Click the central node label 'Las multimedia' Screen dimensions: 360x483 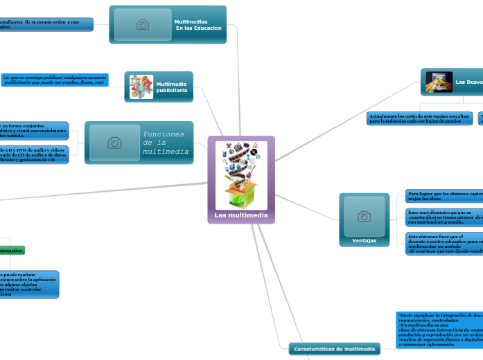coord(241,215)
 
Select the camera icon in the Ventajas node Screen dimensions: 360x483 coord(364,216)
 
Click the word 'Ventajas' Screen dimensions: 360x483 coord(365,240)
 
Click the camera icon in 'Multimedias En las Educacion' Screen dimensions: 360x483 coord(143,25)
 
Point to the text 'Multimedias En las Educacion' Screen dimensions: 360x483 coord(197,25)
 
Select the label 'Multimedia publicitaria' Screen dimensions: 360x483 coord(172,87)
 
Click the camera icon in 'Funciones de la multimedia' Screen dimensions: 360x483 coord(115,143)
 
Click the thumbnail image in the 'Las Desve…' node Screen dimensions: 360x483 coord(439,82)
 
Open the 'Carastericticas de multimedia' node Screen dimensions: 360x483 coord(334,349)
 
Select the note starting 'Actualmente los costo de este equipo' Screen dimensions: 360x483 coord(419,118)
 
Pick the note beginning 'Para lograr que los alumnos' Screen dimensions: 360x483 coord(444,195)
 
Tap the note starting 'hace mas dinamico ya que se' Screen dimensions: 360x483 coord(444,217)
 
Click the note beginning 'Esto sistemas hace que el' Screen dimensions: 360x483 coord(444,244)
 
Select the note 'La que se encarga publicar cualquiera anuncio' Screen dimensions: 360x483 coord(55,80)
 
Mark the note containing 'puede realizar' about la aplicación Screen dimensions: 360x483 coord(29,285)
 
